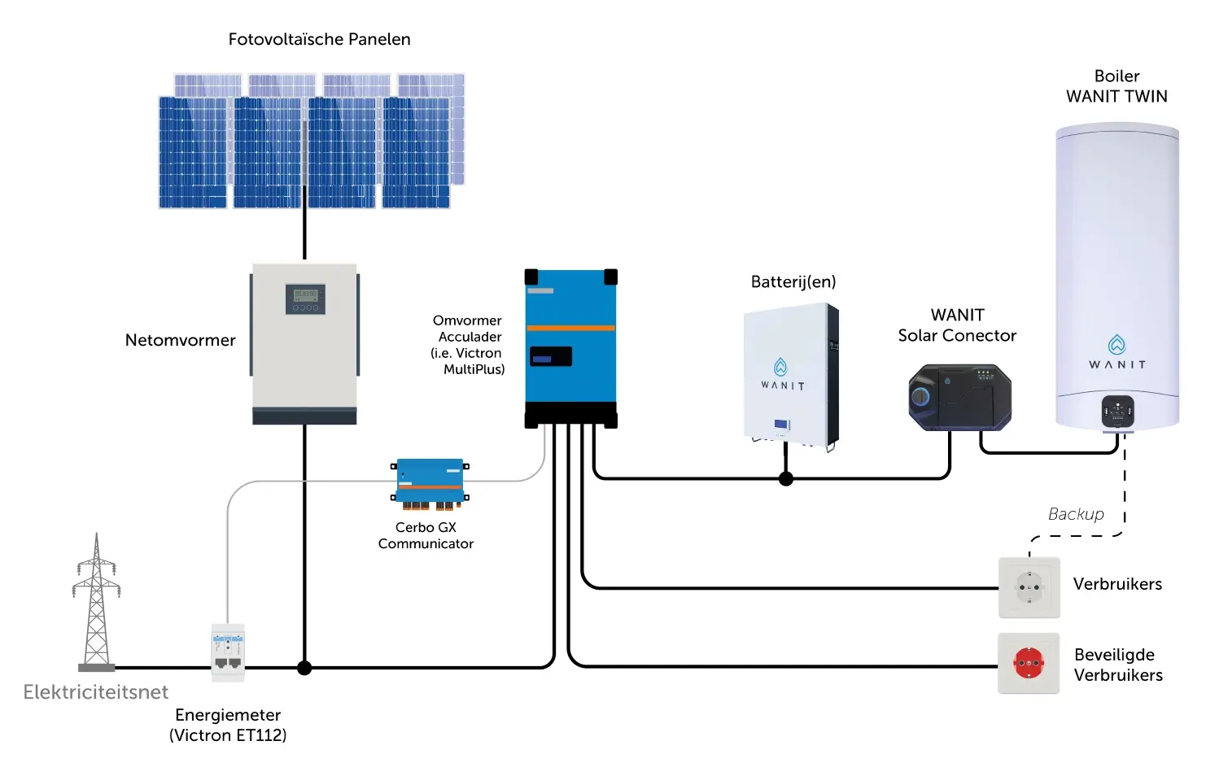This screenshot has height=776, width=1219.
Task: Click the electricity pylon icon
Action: (96, 602)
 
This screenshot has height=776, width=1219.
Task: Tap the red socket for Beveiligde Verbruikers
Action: (1029, 663)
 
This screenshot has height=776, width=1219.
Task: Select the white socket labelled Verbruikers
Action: (1029, 587)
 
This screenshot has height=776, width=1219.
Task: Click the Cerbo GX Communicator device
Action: (430, 484)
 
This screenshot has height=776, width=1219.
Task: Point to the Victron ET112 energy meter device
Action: (228, 652)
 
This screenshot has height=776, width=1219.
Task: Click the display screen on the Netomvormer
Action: (305, 299)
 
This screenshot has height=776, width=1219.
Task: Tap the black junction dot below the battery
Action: (786, 478)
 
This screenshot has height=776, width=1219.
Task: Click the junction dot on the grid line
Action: (304, 668)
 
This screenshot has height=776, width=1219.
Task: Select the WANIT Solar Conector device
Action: (960, 397)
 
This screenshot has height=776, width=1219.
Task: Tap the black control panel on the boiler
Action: (1118, 411)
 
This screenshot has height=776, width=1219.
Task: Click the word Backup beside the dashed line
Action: (1076, 514)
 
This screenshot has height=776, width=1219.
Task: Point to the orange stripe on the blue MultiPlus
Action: (570, 328)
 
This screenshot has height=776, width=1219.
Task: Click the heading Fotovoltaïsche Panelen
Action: (320, 39)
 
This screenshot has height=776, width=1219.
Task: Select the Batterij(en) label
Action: (793, 281)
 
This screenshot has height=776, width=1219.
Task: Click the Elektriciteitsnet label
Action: (96, 692)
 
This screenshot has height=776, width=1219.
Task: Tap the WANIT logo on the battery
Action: (782, 374)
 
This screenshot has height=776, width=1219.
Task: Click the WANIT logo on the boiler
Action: (1117, 352)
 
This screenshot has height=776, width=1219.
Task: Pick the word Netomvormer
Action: (180, 341)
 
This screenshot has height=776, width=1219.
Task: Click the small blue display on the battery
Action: (781, 424)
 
